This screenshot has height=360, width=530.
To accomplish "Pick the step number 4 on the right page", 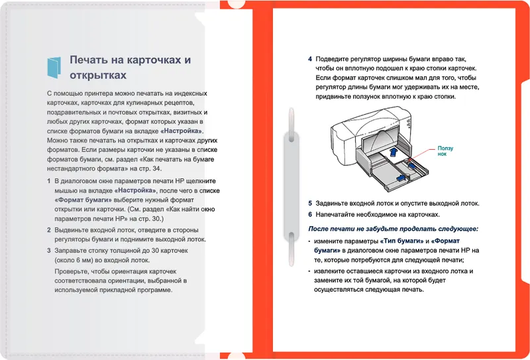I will click(310, 59).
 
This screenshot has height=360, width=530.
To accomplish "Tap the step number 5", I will click(310, 204).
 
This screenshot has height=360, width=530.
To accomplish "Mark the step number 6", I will click(310, 215).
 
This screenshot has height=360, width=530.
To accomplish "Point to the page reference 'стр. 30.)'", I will click(140, 218).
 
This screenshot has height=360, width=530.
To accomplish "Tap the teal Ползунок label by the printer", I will click(445, 151).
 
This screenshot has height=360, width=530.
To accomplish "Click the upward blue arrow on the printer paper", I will click(394, 152).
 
